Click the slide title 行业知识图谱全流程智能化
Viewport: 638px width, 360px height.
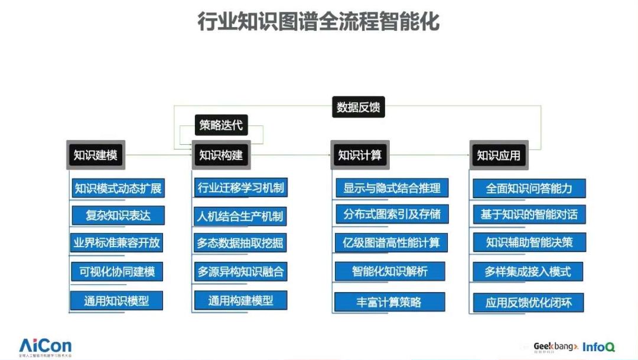coord(318,22)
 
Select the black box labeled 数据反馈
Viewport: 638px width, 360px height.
coord(358,107)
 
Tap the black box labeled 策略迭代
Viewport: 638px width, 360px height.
coord(221,125)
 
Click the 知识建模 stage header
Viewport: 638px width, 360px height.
coord(95,155)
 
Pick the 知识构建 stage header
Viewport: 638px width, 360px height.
coord(220,155)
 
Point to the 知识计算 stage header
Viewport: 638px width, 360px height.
coord(359,155)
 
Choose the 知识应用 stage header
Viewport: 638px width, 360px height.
coord(499,155)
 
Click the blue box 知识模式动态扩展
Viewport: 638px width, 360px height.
coord(118,189)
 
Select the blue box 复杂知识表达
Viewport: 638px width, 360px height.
coord(118,215)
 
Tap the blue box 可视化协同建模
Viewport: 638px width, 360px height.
coord(118,272)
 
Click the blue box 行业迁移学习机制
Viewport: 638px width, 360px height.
coord(240,189)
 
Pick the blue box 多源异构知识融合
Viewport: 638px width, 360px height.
coord(240,272)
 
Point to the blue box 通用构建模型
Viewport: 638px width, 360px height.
coord(240,300)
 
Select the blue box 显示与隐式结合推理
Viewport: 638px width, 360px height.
coord(392,189)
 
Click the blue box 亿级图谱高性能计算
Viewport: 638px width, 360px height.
coord(392,242)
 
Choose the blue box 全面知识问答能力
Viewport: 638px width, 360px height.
coord(529,189)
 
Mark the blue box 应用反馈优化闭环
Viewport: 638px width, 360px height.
coord(529,303)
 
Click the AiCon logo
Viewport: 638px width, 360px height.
coord(45,346)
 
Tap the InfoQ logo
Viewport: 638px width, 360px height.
coord(598,347)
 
